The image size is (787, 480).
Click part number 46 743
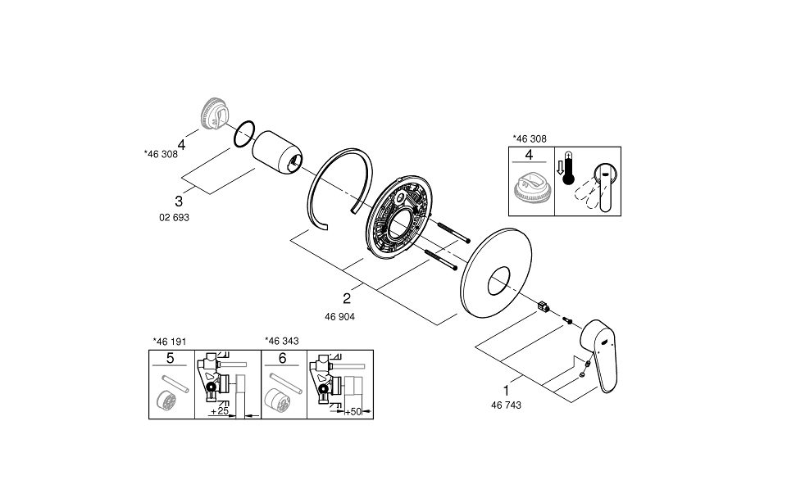[505, 405]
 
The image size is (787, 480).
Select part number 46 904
[341, 315]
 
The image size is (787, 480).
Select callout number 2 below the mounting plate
[347, 298]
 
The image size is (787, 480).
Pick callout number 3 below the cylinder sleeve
[178, 200]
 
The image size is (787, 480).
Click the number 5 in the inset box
[170, 358]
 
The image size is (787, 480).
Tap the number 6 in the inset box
[282, 358]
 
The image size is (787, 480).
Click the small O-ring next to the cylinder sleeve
[243, 134]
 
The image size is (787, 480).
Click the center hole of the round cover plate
[498, 284]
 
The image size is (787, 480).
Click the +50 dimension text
[354, 410]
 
